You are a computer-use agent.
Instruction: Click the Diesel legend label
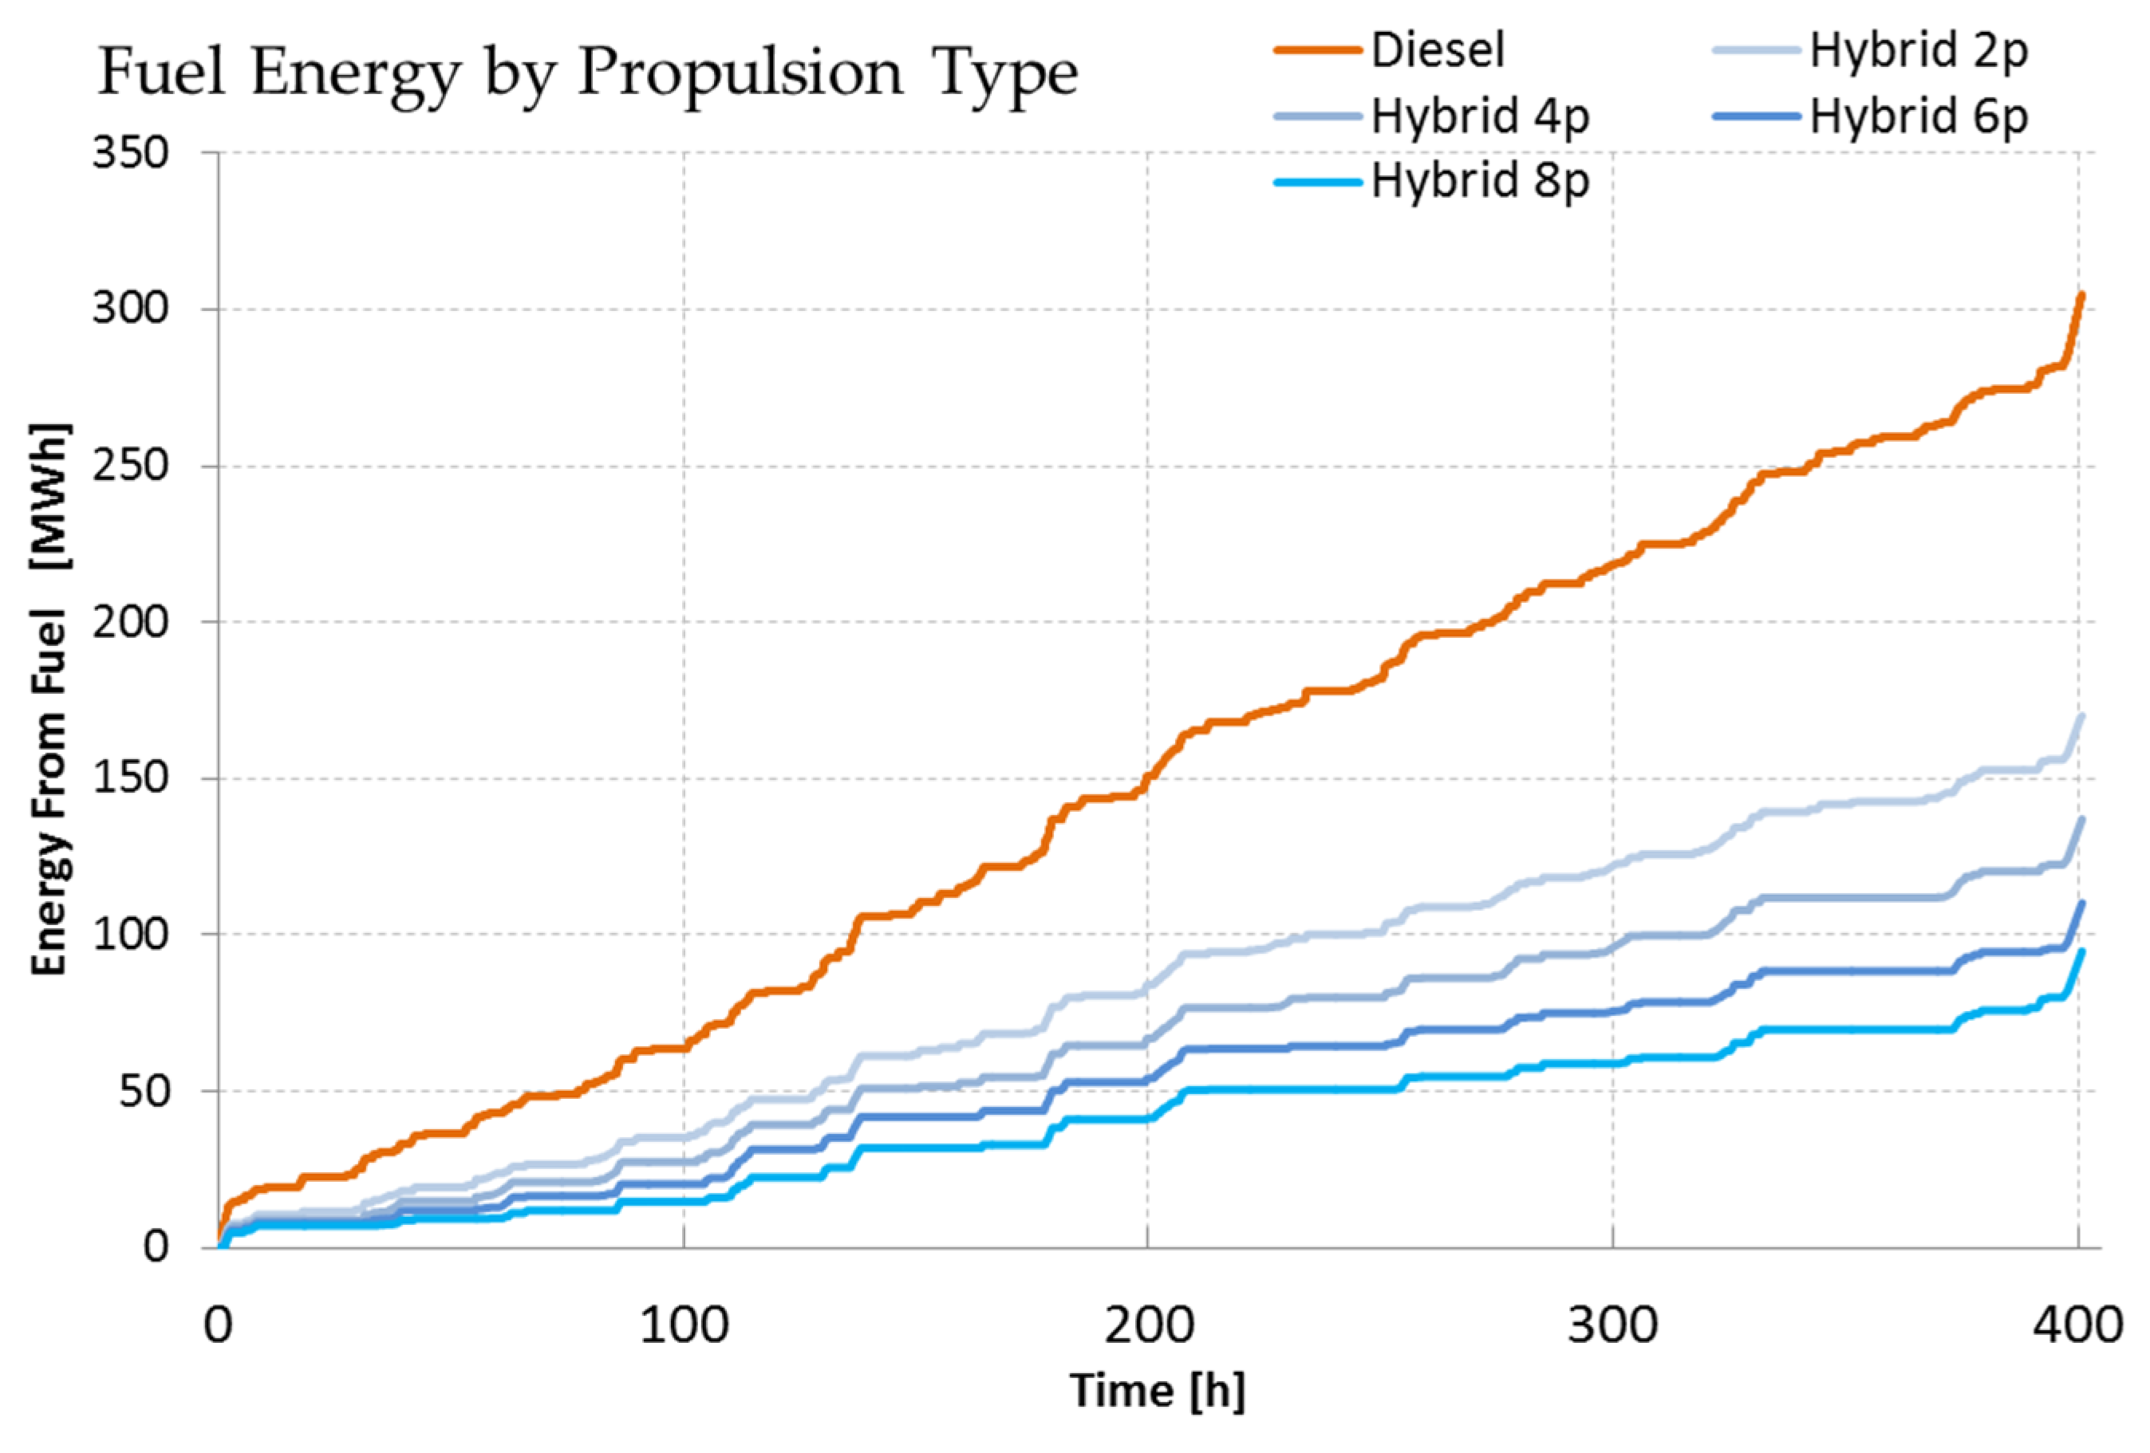pyautogui.click(x=1437, y=51)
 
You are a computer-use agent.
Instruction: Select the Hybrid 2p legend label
pyautogui.click(x=1918, y=51)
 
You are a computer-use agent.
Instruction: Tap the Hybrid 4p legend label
pyautogui.click(x=1479, y=117)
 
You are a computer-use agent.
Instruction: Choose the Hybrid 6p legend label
pyautogui.click(x=1918, y=117)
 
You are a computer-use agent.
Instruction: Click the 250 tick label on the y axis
pyautogui.click(x=131, y=465)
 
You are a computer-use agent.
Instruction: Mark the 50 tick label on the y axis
pyautogui.click(x=144, y=1092)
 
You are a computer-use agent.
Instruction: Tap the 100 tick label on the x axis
pyautogui.click(x=684, y=1326)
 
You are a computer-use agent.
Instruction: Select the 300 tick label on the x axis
pyautogui.click(x=1612, y=1326)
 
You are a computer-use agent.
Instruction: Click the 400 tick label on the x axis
pyautogui.click(x=2077, y=1326)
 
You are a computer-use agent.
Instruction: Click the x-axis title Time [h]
pyautogui.click(x=1158, y=1390)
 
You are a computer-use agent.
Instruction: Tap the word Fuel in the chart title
pyautogui.click(x=162, y=72)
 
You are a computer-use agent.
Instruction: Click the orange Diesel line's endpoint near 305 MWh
pyautogui.click(x=2081, y=295)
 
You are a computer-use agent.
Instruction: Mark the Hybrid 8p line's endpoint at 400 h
pyautogui.click(x=2081, y=951)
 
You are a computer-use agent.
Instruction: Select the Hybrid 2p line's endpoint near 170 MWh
pyautogui.click(x=2081, y=716)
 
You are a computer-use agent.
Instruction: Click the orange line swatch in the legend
pyautogui.click(x=1317, y=51)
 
